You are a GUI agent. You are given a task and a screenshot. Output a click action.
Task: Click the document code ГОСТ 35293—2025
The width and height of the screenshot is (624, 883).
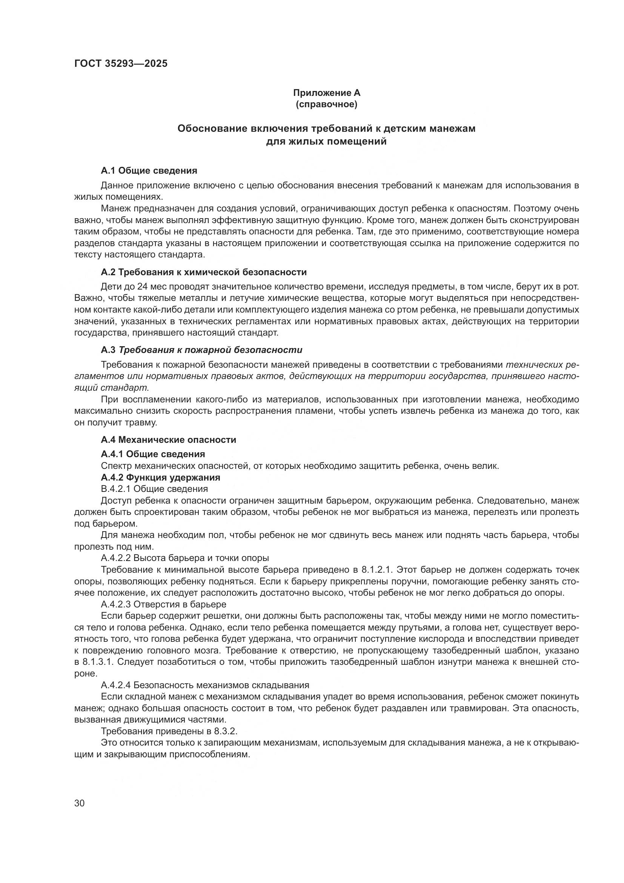coord(121,63)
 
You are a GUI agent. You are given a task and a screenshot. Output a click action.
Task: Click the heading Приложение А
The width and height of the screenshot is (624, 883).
coord(327,93)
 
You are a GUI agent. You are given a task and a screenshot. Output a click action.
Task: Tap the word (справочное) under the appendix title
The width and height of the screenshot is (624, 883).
coord(327,104)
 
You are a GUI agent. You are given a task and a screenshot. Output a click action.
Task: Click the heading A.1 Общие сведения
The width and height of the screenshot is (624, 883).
coord(149,171)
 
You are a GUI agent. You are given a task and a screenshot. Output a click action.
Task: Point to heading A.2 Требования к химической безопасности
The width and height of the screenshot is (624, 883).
coord(204,272)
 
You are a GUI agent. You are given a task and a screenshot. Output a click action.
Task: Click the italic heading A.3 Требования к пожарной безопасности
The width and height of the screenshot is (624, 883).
coord(201,350)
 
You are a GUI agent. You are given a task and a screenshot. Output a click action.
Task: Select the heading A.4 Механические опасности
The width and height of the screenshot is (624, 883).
coord(168,439)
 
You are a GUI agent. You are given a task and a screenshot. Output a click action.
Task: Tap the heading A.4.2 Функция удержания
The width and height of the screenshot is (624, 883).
coord(160,478)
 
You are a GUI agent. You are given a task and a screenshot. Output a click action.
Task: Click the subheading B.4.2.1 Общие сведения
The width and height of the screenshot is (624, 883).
coord(154,489)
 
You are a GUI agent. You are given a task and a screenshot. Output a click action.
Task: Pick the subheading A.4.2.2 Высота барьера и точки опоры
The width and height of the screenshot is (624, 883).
coord(185,558)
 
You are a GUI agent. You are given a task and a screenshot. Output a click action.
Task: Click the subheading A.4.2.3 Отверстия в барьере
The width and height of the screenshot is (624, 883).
coord(163,604)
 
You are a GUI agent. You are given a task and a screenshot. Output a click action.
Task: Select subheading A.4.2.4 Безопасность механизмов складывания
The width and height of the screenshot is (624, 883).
coord(205,685)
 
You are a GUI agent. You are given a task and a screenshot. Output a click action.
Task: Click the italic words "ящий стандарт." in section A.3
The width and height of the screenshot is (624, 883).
coord(111,387)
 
